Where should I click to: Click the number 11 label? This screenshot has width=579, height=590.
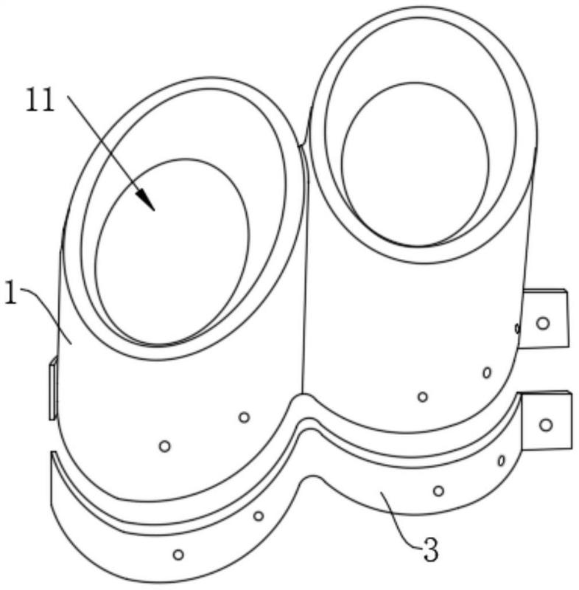(41, 100)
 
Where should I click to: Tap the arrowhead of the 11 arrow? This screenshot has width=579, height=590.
(146, 200)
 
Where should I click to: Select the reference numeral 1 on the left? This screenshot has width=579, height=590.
(11, 294)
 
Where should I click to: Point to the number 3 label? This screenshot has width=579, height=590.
(431, 549)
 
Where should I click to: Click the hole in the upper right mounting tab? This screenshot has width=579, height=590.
(543, 323)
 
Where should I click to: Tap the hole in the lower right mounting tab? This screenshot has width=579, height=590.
(546, 426)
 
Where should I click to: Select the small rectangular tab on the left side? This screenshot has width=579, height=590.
(53, 389)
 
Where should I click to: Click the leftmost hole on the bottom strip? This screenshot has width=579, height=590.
(178, 555)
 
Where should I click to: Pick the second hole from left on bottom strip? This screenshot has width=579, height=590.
(258, 516)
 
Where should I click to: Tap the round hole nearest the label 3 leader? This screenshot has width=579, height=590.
(438, 490)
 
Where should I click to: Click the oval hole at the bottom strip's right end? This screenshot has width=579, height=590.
(501, 460)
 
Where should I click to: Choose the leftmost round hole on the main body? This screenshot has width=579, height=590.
(164, 446)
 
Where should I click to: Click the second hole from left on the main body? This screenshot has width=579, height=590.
(245, 417)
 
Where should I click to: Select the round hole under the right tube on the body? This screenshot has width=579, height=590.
(423, 397)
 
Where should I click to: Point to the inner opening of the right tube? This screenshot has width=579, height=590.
(415, 164)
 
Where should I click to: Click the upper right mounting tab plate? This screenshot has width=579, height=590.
(545, 319)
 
